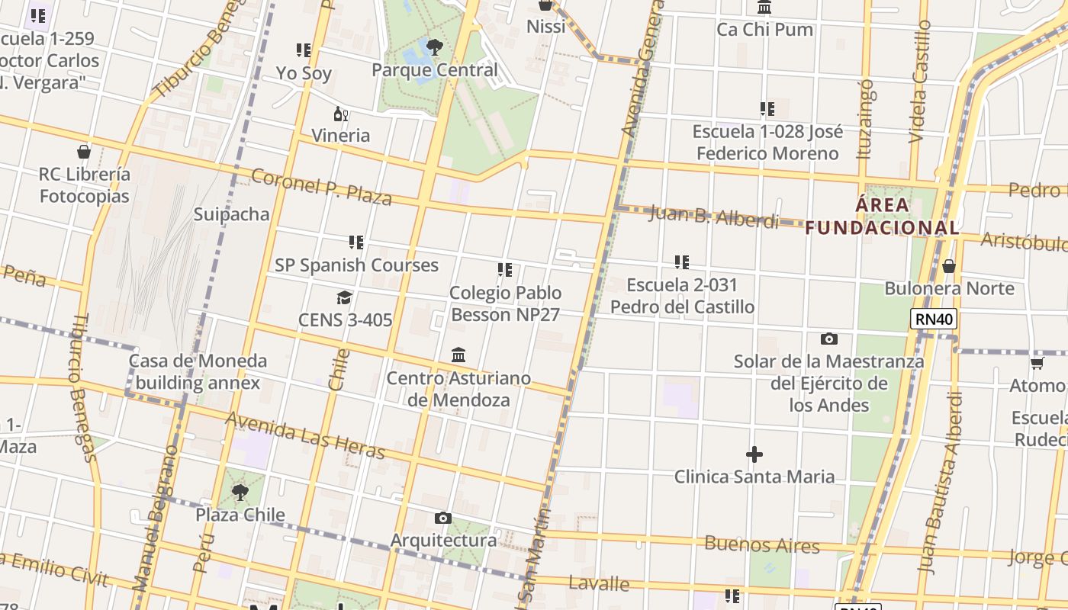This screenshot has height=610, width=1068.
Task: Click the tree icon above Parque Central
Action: (x=434, y=48)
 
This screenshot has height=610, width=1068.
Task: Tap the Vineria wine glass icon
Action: (x=341, y=115)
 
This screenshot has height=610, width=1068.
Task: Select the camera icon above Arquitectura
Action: (x=442, y=518)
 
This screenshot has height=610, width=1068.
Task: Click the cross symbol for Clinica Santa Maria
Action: (x=754, y=455)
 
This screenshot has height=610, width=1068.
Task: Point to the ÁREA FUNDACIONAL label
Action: (x=883, y=216)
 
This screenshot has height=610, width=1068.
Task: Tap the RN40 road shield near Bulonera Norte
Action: (x=933, y=319)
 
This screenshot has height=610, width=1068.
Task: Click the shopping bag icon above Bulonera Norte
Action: (x=949, y=266)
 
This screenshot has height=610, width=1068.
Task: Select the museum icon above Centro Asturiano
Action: (x=458, y=355)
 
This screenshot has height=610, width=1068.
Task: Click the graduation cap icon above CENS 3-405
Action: (x=345, y=297)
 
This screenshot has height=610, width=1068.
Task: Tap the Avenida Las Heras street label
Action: (x=305, y=435)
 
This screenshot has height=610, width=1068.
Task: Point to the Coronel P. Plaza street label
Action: (x=321, y=187)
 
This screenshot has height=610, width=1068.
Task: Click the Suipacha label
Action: (x=231, y=214)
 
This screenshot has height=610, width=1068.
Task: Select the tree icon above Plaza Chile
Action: (x=240, y=493)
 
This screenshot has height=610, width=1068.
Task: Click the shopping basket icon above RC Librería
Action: (x=84, y=152)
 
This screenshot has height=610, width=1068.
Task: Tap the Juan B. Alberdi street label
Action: (x=714, y=217)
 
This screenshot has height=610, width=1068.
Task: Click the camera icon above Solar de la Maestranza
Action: (x=828, y=339)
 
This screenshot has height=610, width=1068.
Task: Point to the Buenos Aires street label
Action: (x=761, y=545)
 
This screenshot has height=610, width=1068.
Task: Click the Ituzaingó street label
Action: (x=865, y=119)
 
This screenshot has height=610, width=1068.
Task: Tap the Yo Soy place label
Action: (x=304, y=73)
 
